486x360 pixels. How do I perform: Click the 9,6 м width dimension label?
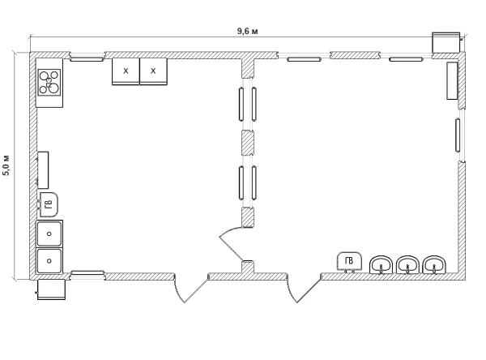[x=247, y=31]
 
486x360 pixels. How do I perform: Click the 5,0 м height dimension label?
[x=6, y=165]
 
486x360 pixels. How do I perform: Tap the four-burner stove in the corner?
[x=49, y=82]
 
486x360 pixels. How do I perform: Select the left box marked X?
[x=126, y=71]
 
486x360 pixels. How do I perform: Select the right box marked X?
[x=153, y=71]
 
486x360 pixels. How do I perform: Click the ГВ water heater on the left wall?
[x=48, y=204]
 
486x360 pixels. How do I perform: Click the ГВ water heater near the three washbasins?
[x=349, y=261]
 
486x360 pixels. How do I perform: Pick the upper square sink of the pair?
[x=49, y=234]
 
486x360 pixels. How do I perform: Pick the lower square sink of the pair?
[x=49, y=261]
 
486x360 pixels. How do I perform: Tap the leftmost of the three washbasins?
[x=381, y=264]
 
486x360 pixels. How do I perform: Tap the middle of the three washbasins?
[x=407, y=264]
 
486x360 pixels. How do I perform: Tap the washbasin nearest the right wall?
[x=434, y=264]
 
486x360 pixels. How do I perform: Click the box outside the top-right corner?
[x=446, y=42]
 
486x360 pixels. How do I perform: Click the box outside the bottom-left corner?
[x=51, y=289]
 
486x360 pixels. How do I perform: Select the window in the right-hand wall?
[x=458, y=135]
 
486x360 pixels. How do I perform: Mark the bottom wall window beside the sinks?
[x=87, y=273]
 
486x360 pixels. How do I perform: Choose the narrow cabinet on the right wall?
[x=452, y=81]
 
